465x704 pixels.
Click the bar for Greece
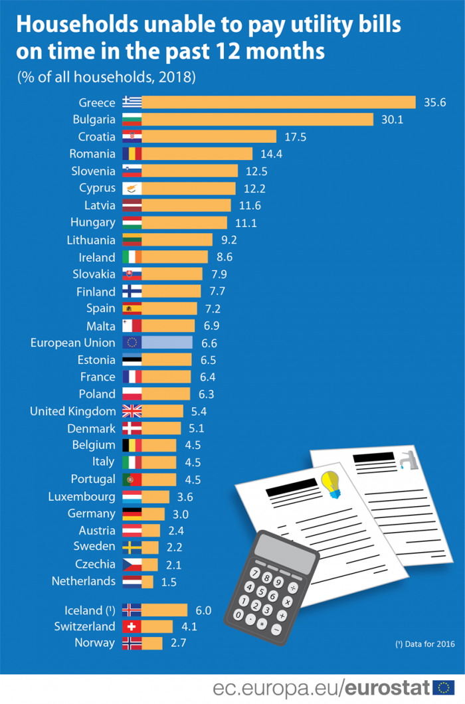[278, 102]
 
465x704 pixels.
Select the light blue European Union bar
[167, 343]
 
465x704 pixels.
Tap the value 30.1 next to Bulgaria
[392, 119]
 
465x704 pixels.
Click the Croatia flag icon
[132, 136]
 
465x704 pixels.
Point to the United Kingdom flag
[132, 411]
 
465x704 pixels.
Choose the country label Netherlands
[84, 581]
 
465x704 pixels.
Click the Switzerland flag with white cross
[132, 626]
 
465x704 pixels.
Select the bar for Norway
[152, 643]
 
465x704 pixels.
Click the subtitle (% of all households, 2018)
[106, 76]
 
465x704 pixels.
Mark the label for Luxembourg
[82, 496]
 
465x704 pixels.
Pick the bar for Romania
[197, 153]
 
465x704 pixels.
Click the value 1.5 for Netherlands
[169, 582]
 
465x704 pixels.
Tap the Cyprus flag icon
[132, 188]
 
